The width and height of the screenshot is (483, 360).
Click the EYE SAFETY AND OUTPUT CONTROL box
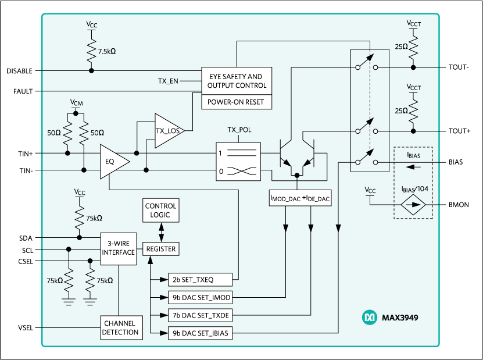237,81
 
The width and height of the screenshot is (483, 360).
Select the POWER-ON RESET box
237,102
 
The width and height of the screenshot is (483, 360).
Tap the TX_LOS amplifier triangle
167,130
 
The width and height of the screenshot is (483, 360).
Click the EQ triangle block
112,162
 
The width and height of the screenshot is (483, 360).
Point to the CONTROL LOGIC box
160,211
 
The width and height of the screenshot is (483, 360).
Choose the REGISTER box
160,249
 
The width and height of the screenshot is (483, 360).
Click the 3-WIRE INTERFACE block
118,249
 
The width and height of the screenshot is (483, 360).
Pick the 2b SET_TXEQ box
199,280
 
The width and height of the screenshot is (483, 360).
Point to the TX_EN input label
168,81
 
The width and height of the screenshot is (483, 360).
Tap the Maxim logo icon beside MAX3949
370,318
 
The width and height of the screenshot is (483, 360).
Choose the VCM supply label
77,102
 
